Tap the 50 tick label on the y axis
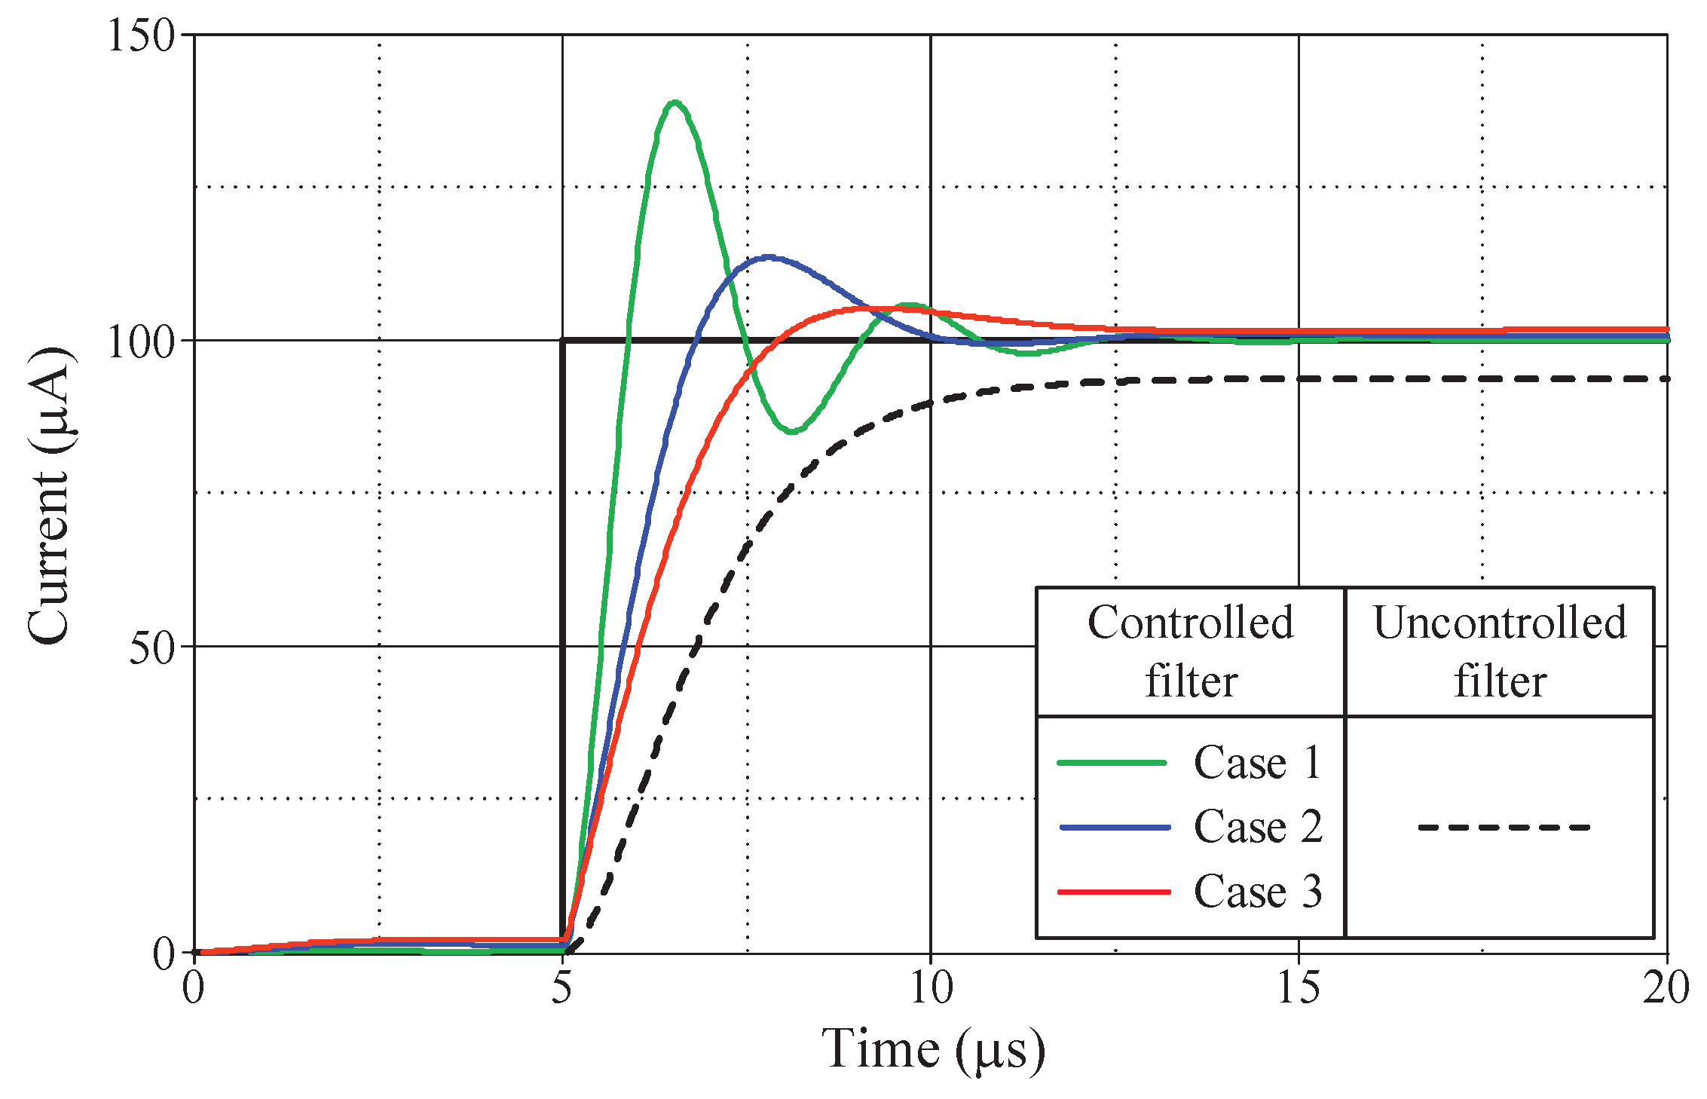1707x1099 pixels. point(151,647)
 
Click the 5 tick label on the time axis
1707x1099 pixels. point(562,988)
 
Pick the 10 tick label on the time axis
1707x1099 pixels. point(931,988)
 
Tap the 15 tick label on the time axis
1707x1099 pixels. point(1299,988)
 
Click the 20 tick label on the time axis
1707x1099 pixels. point(1666,988)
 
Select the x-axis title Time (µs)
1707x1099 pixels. point(933,1049)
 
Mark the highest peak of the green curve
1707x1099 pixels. point(675,103)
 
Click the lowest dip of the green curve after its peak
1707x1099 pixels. point(794,432)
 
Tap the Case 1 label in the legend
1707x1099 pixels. point(1258,763)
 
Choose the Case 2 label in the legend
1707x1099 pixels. point(1258,827)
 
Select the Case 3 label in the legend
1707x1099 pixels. point(1258,892)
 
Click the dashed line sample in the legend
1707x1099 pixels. point(1504,828)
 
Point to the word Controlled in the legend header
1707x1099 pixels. point(1191,623)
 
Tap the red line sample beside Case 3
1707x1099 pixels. point(1114,892)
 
